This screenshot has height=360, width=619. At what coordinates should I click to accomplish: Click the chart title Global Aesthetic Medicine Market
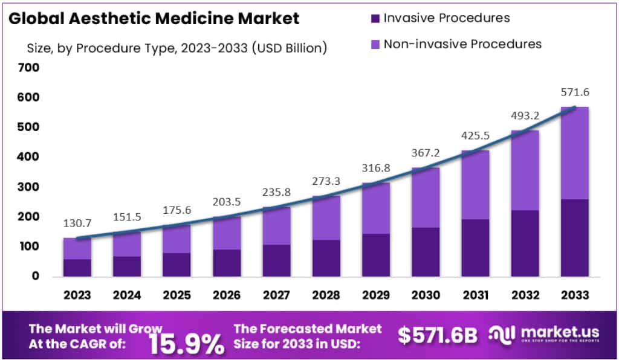tap(155, 18)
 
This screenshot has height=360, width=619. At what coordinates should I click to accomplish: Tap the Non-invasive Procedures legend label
tap(462, 44)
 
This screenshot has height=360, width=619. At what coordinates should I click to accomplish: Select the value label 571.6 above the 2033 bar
tap(574, 92)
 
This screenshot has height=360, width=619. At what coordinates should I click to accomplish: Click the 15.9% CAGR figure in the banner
tap(186, 342)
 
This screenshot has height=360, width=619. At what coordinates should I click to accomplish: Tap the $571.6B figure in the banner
tap(438, 335)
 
